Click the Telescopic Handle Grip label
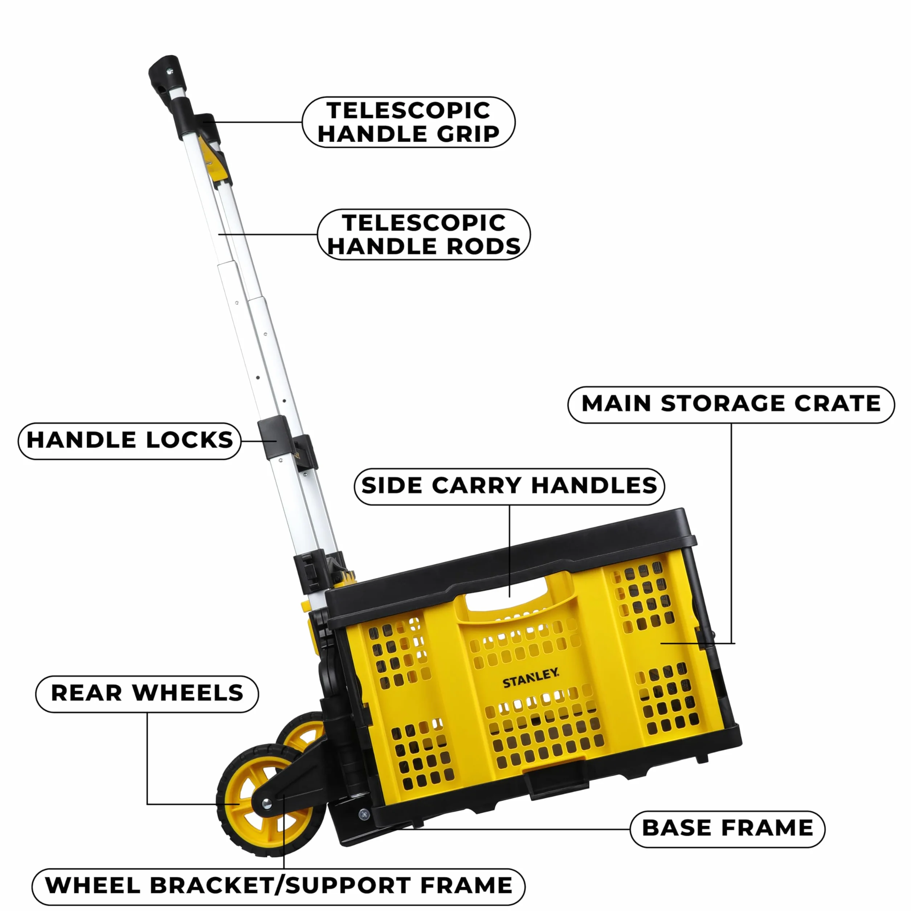point(408,122)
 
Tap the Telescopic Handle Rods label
point(424,234)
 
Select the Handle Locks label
point(130,441)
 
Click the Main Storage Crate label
point(731,405)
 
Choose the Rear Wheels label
point(147,694)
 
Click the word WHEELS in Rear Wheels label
point(188,694)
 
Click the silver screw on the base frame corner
point(364,826)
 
